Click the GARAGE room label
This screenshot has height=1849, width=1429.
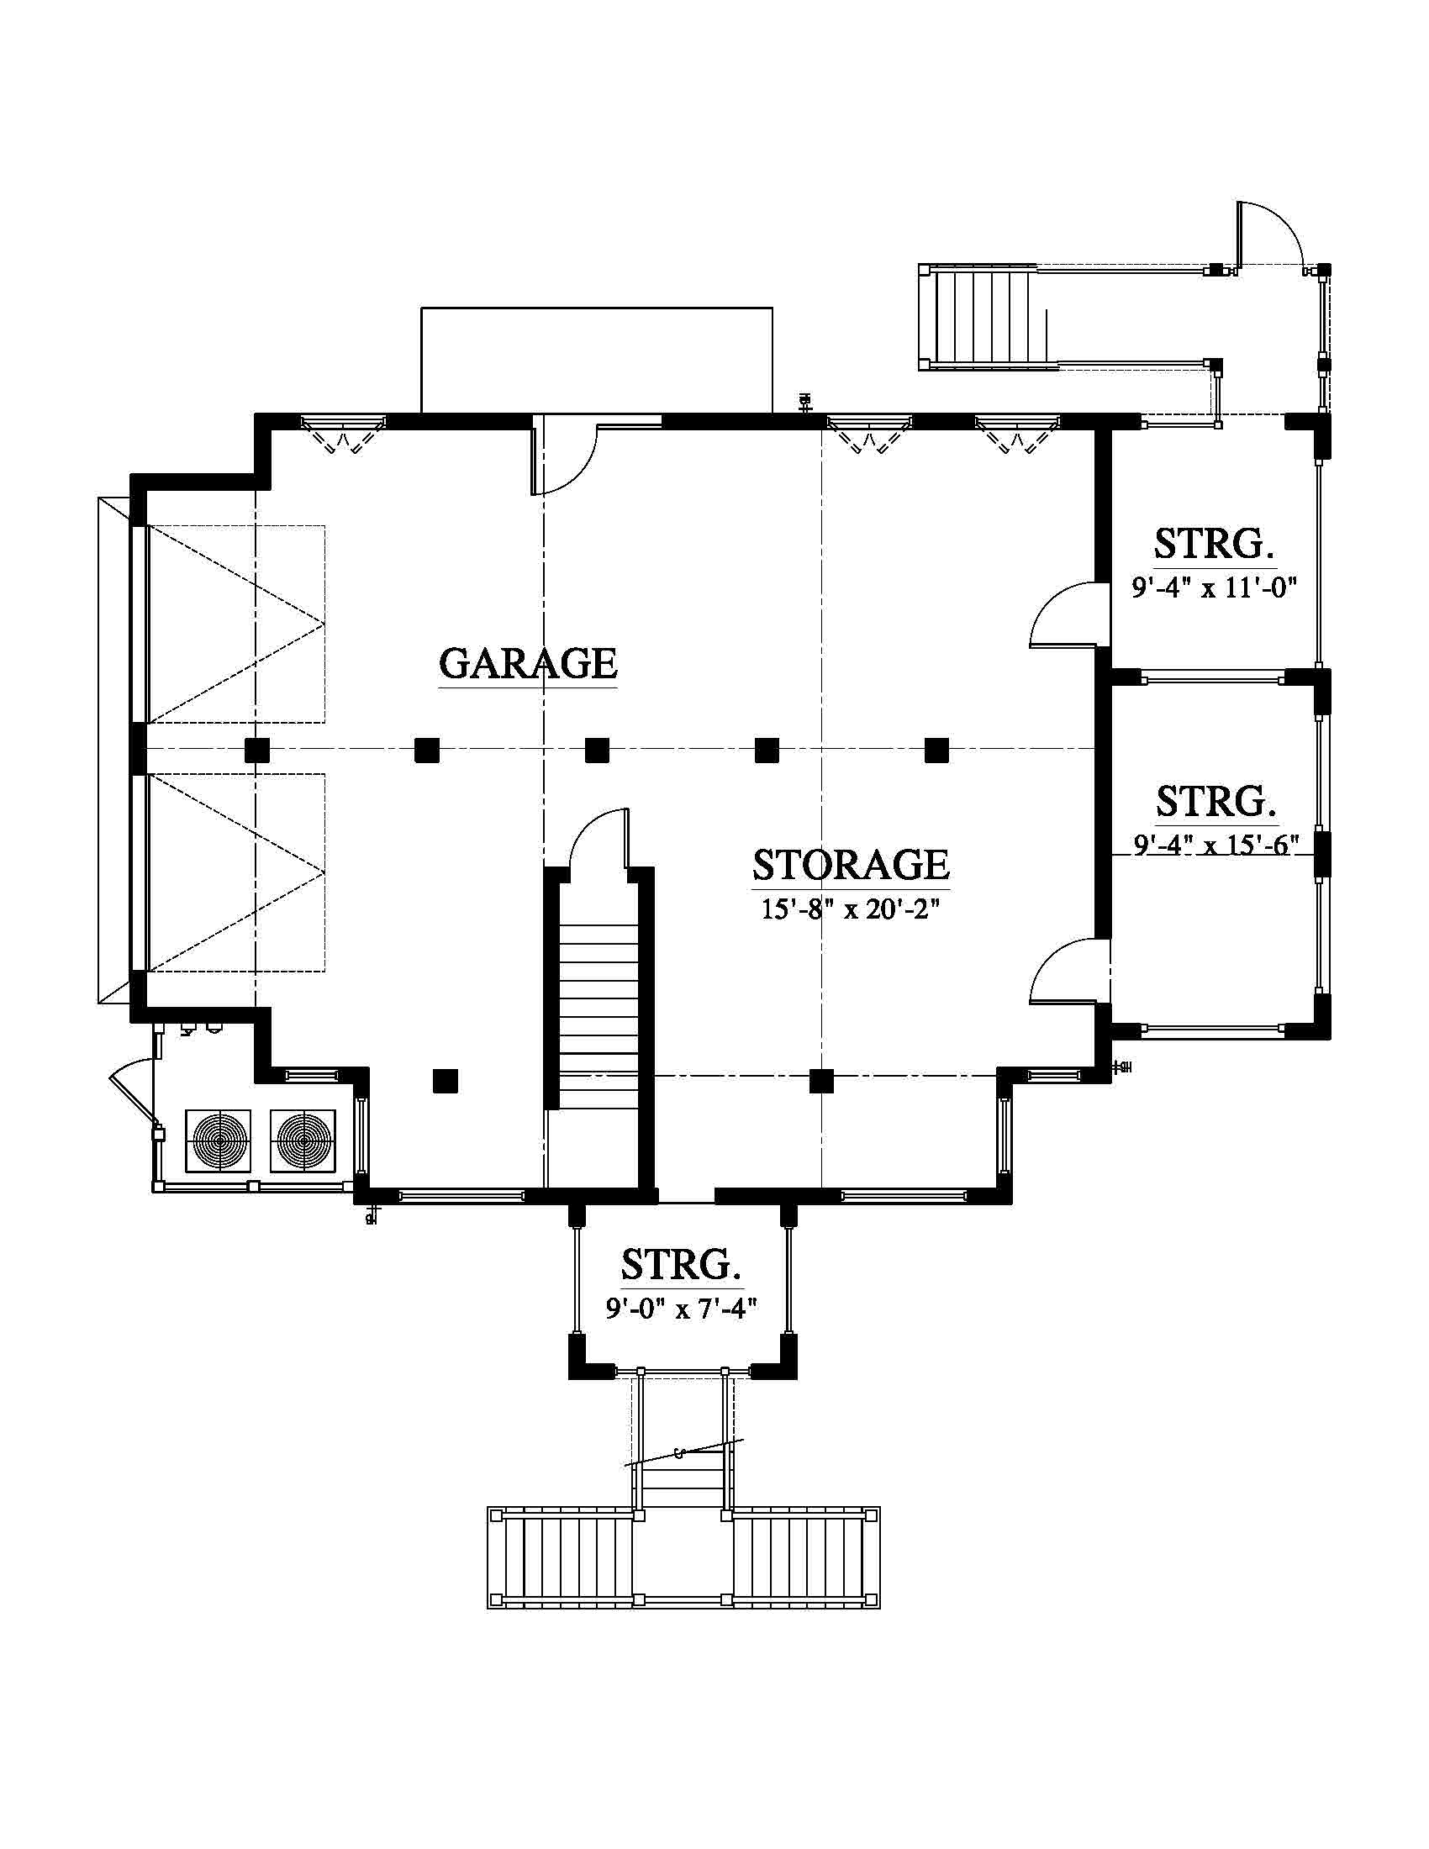528,663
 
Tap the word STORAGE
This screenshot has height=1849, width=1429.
851,864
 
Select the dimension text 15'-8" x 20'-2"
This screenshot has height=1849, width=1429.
851,909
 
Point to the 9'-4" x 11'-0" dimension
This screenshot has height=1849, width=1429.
1215,587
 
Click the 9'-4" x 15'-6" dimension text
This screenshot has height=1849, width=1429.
1215,844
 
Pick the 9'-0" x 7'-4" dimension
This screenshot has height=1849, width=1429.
681,1309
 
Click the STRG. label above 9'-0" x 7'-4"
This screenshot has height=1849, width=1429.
682,1266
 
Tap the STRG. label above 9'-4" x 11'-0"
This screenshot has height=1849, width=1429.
1215,544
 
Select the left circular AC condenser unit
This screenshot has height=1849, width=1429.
219,1140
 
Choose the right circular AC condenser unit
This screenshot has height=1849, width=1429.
303,1140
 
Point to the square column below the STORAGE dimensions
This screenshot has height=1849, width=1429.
820,1081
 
